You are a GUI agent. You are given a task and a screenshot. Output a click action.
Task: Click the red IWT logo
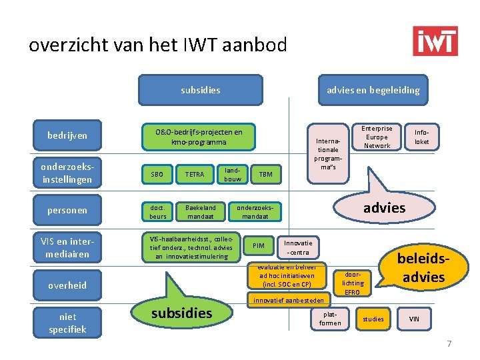[435, 41]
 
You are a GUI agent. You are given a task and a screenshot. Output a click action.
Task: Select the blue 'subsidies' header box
[200, 90]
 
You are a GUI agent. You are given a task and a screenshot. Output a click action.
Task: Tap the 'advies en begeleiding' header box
[373, 90]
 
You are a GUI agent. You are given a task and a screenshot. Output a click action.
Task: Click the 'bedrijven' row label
[67, 136]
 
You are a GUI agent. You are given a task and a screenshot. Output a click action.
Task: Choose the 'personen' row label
[67, 211]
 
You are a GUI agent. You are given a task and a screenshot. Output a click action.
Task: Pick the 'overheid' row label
[67, 285]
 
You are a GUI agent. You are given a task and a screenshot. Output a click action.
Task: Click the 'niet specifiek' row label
[67, 323]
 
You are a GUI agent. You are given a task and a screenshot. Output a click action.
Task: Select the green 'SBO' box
[157, 175]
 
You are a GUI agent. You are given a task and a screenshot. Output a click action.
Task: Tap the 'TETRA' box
[195, 175]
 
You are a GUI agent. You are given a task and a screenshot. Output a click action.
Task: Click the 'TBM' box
[265, 175]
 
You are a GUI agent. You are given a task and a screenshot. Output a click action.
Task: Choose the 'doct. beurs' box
[158, 211]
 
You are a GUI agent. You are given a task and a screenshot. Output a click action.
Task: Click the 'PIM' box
[259, 246]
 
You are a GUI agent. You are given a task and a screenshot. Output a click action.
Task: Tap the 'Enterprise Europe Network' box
[377, 137]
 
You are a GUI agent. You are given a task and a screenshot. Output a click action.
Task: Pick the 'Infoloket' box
[422, 137]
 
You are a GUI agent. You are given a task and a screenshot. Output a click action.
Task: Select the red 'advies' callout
[384, 207]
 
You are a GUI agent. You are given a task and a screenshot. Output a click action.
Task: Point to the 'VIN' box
[414, 319]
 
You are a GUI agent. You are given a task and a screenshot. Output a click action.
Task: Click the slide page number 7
[449, 344]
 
